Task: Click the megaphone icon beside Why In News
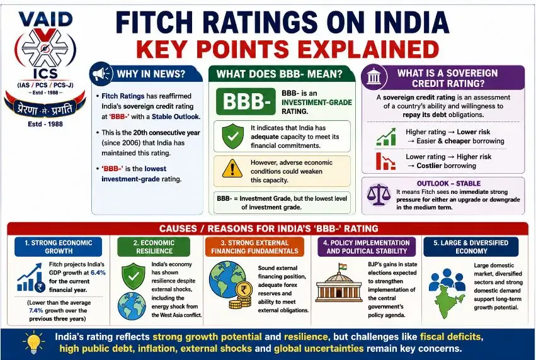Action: pyautogui.click(x=101, y=74)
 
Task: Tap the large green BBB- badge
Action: pyautogui.click(x=246, y=101)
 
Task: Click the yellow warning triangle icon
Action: pyautogui.click(x=232, y=169)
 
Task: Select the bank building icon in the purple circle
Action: pyautogui.click(x=373, y=76)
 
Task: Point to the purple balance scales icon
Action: pyautogui.click(x=379, y=195)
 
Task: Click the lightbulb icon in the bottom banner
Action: pyautogui.click(x=33, y=342)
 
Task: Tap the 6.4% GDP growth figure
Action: pyautogui.click(x=98, y=273)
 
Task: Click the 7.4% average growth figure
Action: pyautogui.click(x=36, y=310)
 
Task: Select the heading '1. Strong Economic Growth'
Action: pyautogui.click(x=59, y=247)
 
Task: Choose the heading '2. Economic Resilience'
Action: pyautogui.click(x=154, y=247)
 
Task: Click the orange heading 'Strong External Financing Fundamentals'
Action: pyautogui.click(x=254, y=247)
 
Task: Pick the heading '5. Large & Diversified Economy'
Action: pyautogui.click(x=470, y=247)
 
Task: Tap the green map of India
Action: pyautogui.click(x=448, y=302)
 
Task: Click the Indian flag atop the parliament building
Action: pyautogui.click(x=342, y=266)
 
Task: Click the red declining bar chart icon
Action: pyautogui.click(x=385, y=161)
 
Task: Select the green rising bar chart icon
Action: pyautogui.click(x=386, y=137)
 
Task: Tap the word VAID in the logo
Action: pyautogui.click(x=45, y=20)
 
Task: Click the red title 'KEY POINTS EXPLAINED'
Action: pyautogui.click(x=287, y=49)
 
